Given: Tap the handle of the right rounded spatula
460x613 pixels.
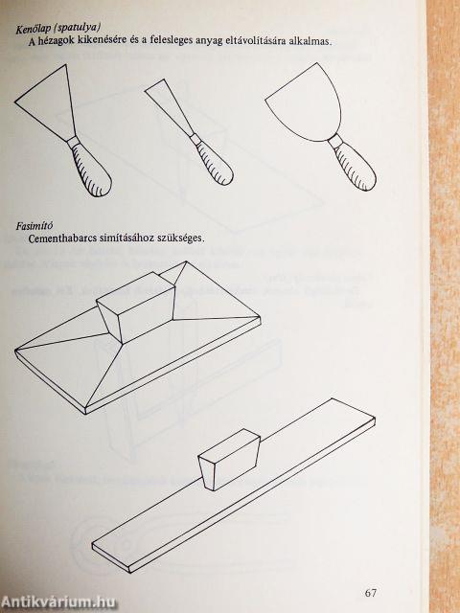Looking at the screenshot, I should point(356,167).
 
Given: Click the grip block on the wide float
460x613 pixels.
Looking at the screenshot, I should point(137,306).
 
